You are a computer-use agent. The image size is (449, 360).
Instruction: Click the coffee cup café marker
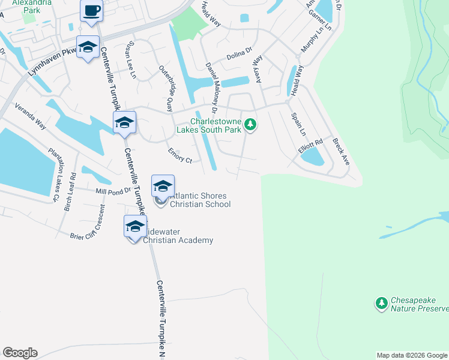91,11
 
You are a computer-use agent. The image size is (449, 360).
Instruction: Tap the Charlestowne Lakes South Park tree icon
251,124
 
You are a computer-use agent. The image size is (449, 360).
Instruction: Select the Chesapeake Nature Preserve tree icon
381,304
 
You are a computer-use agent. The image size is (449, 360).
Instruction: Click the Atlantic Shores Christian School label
200,200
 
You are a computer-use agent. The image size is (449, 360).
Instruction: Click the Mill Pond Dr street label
113,191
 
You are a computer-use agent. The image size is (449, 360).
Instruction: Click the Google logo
20,353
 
